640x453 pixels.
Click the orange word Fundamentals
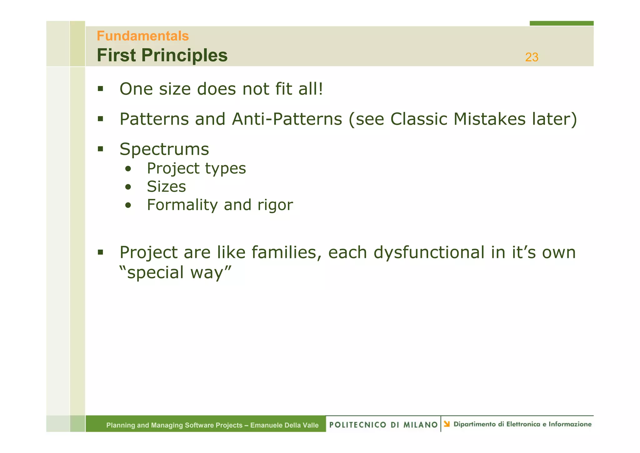click(x=142, y=36)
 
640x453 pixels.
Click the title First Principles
click(x=162, y=55)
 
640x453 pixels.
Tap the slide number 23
click(x=532, y=57)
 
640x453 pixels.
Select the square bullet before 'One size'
click(x=100, y=89)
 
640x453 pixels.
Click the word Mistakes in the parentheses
click(x=489, y=119)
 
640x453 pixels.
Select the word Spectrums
click(x=164, y=149)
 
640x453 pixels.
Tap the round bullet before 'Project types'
click(x=128, y=169)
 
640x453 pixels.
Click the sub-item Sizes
click(x=166, y=187)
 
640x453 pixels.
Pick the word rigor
click(x=275, y=205)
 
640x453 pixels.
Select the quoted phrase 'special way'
click(x=175, y=272)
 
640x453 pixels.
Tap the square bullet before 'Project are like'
click(x=100, y=252)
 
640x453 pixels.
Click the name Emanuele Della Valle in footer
click(x=284, y=425)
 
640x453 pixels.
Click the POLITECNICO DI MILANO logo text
click(x=383, y=425)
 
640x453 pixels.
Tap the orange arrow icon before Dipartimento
click(x=447, y=424)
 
